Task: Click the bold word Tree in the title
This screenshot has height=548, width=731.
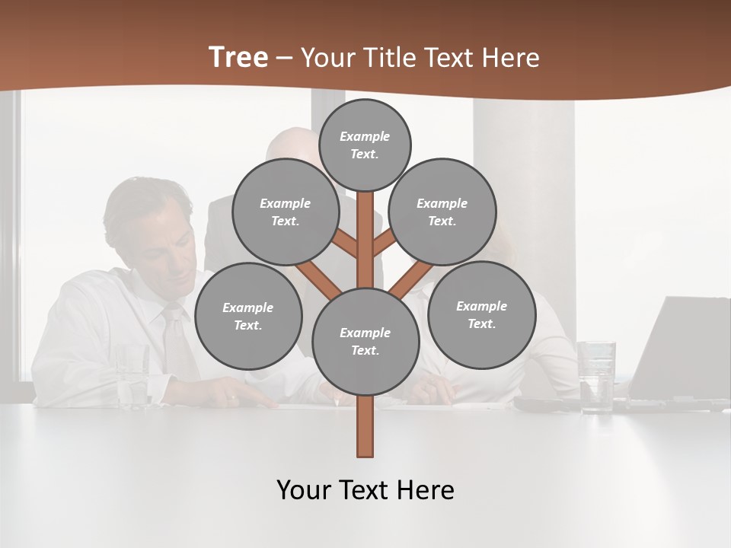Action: [x=238, y=57]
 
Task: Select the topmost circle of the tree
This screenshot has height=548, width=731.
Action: [x=365, y=145]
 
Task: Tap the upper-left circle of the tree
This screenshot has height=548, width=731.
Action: [x=286, y=212]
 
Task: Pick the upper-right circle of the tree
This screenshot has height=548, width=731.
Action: [x=442, y=212]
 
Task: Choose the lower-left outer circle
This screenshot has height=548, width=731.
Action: [x=248, y=316]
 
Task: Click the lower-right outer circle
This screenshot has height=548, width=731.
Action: [x=481, y=314]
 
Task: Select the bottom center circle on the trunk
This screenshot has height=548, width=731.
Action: [x=365, y=341]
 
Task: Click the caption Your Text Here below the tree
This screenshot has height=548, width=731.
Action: [x=365, y=490]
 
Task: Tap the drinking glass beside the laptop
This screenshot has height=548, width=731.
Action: [x=595, y=376]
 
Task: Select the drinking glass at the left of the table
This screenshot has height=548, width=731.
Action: [x=133, y=377]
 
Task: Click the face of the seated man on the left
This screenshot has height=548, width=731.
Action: [x=171, y=244]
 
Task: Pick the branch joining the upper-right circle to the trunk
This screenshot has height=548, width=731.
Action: [x=383, y=244]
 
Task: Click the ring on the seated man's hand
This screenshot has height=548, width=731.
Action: [x=231, y=398]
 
